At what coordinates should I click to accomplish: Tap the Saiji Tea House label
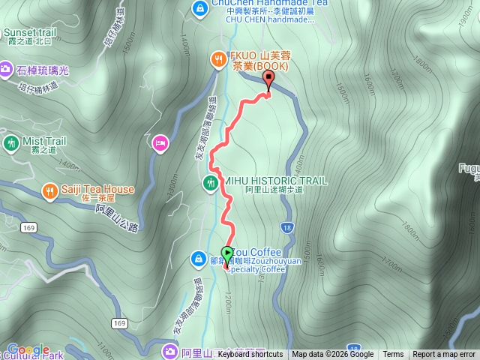pos(98,190)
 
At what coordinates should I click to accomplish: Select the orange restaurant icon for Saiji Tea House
pos(49,190)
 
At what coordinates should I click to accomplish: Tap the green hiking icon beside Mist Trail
pos(10,142)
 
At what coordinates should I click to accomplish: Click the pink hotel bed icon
pos(159,142)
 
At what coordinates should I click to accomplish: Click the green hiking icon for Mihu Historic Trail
pos(210,181)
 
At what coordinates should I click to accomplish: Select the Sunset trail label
pos(30,32)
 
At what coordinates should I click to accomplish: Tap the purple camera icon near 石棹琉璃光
pos(6,70)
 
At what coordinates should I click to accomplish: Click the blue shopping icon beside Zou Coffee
pos(199,259)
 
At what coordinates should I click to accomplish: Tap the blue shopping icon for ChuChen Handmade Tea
pos(199,8)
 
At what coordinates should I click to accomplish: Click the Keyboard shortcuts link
pos(250,355)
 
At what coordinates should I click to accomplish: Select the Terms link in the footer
pos(393,355)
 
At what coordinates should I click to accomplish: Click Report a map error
pos(444,355)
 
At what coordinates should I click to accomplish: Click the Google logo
pos(28,350)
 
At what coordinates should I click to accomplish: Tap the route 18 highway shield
pos(288,226)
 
